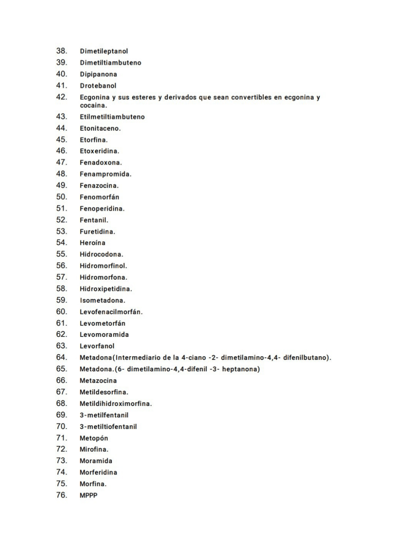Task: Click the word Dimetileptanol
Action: [103, 51]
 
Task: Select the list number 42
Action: [61, 97]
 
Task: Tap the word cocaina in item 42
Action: [93, 106]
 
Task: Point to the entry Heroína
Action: [92, 243]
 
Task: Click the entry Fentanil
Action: [94, 220]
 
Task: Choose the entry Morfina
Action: [93, 484]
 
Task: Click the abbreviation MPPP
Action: [88, 495]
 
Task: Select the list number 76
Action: [61, 495]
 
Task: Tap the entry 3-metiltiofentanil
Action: [108, 427]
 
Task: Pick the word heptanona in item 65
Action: [241, 369]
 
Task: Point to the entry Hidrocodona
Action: [101, 254]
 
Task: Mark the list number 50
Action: [61, 197]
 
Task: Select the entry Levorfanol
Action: [97, 346]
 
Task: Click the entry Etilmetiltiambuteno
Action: [112, 117]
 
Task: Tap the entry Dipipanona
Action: [98, 74]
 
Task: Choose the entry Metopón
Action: [94, 438]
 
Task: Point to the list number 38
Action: [61, 51]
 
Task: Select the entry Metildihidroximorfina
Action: [116, 404]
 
